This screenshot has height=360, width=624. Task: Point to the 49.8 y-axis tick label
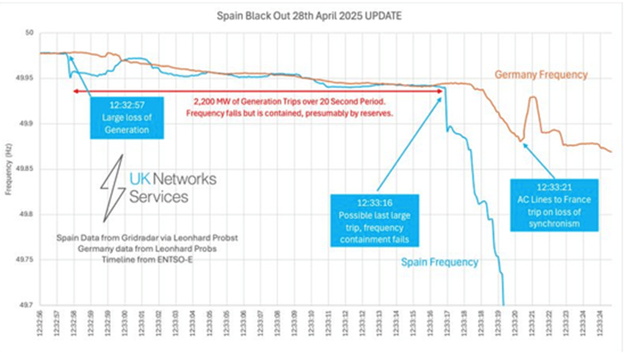click(25, 214)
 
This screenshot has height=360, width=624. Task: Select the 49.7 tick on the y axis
click(25, 304)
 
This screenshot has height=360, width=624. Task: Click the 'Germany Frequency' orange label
click(541, 75)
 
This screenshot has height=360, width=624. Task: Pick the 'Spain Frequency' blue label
click(440, 262)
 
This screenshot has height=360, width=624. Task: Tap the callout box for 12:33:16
click(375, 219)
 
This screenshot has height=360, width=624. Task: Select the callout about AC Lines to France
click(555, 205)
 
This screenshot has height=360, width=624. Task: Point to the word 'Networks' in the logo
click(185, 179)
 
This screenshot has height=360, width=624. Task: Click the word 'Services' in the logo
click(159, 196)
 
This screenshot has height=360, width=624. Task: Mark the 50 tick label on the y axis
click(27, 34)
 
